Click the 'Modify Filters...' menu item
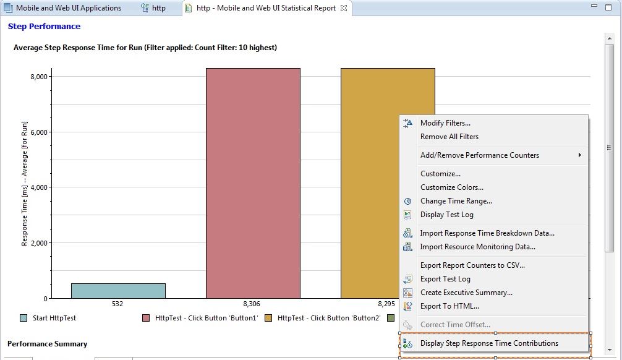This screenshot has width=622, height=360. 445,123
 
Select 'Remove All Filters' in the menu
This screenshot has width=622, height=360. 449,137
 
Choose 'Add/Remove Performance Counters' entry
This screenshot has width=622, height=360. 479,155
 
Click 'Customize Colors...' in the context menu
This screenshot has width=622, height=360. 451,187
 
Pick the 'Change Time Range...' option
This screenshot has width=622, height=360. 456,201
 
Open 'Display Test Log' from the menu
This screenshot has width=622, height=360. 446,215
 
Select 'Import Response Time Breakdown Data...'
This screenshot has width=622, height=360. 487,233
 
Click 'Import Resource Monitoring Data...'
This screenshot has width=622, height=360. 477,247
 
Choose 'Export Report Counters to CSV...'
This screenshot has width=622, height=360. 472,265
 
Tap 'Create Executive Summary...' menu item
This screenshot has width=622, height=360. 466,293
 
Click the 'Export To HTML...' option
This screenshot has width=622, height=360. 449,306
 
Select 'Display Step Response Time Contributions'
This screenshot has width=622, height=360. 488,343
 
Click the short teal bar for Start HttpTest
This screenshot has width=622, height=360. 118,291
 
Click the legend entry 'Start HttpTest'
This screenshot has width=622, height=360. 54,318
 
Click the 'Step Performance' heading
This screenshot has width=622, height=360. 44,27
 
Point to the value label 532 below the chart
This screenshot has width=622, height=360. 117,304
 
